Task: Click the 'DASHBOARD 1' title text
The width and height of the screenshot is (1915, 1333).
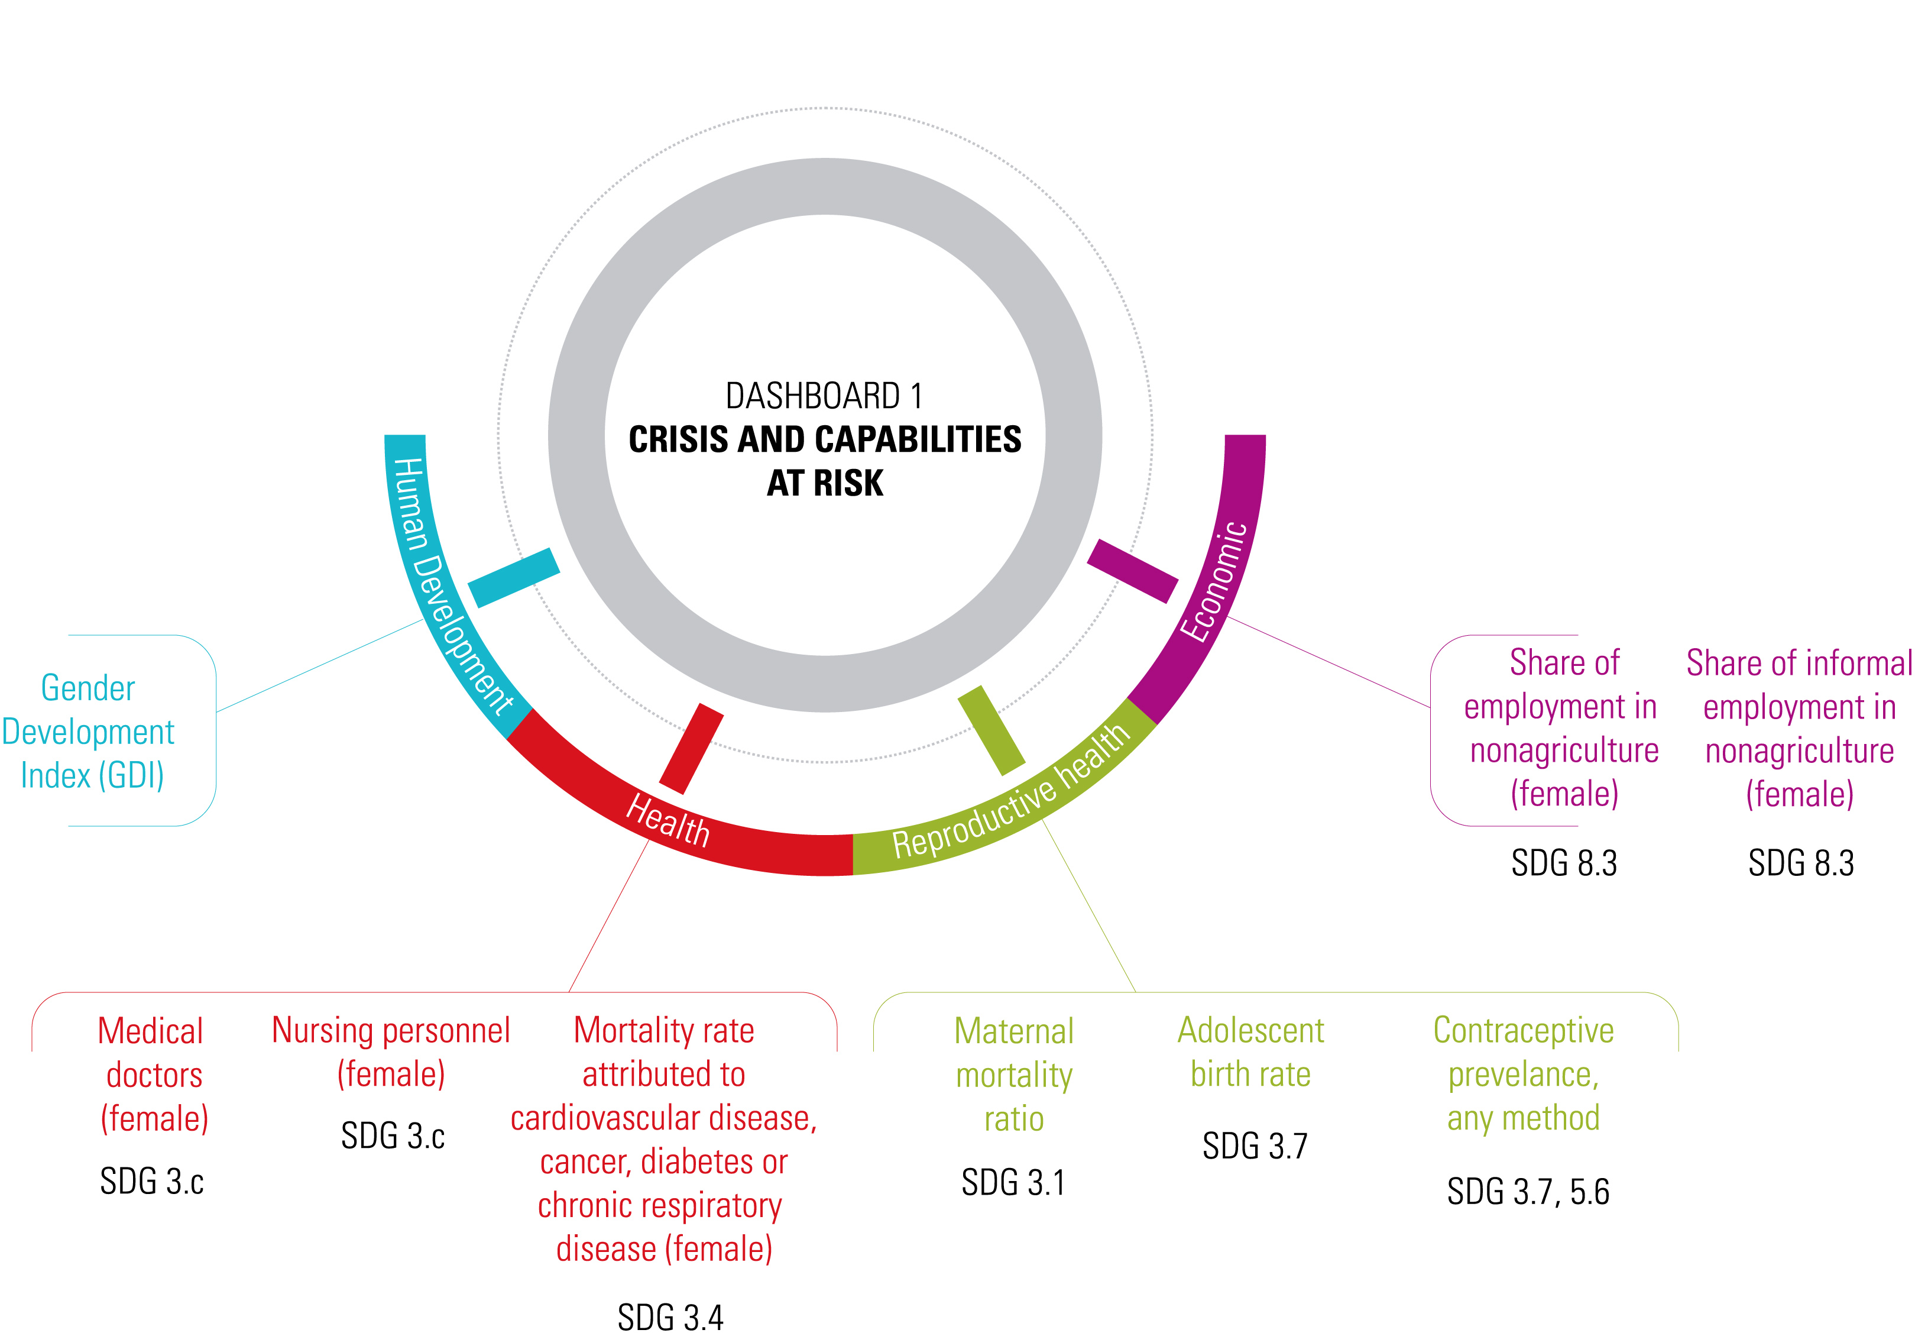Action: (824, 396)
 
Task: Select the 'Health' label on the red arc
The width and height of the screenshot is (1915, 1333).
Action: (668, 820)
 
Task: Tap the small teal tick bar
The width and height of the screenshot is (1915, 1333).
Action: (514, 577)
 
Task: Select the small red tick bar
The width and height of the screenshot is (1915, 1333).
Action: (691, 748)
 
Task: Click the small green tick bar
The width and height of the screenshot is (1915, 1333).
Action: (991, 730)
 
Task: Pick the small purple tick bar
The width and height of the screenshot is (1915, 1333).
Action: (1132, 571)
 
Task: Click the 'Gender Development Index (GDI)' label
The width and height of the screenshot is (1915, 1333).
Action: (89, 732)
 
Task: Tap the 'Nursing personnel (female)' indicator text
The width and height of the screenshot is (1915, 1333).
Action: (391, 1052)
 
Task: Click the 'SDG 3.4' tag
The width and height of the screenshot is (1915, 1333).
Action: (670, 1317)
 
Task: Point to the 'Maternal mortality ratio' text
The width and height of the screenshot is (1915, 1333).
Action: (1014, 1075)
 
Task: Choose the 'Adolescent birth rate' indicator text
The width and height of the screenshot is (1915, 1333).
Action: (1250, 1052)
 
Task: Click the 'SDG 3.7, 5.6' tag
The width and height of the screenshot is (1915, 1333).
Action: (1527, 1191)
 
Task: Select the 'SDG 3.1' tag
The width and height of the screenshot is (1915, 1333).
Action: (1013, 1182)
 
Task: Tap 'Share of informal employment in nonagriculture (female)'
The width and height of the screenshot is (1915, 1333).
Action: (1799, 728)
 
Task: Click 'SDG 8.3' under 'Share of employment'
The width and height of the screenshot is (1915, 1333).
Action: (1564, 862)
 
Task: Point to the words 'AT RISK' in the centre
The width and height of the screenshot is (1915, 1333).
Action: (824, 483)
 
